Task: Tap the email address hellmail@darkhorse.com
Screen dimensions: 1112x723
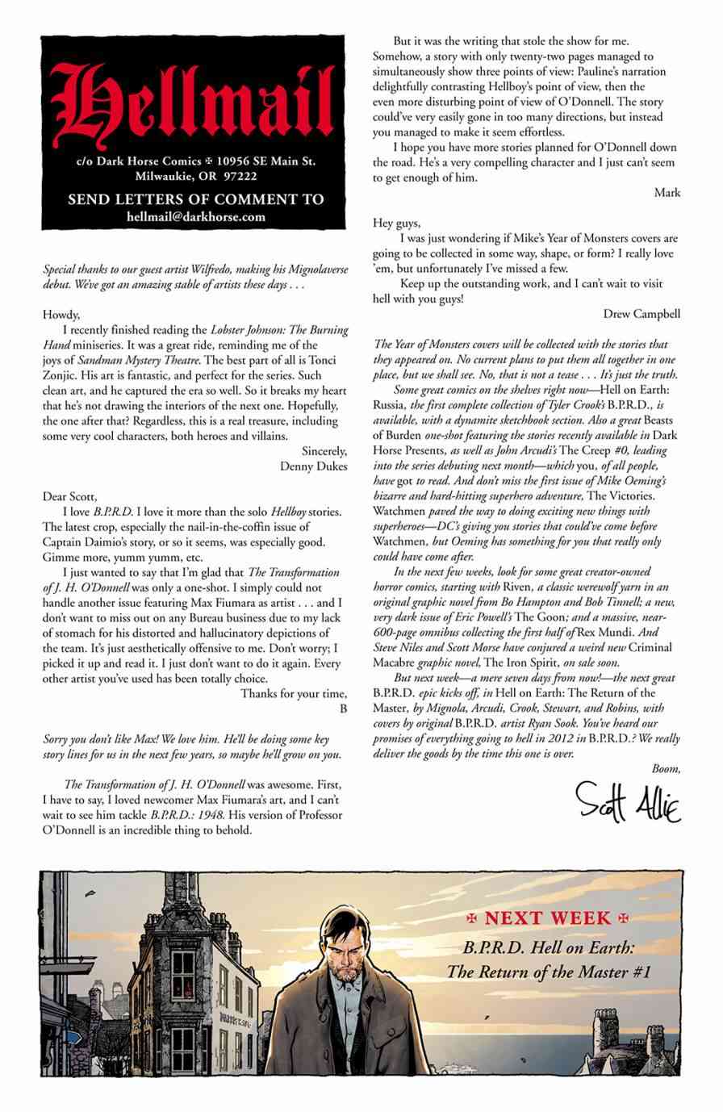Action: pos(196,217)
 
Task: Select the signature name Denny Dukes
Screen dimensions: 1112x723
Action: pos(314,466)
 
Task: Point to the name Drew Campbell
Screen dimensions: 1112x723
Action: pos(641,314)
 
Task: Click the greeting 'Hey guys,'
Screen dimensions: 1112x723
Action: pos(398,223)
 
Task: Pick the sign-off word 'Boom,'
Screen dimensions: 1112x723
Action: pos(666,769)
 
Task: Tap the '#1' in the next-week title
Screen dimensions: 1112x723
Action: pos(642,972)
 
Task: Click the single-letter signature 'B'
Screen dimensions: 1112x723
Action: pos(344,709)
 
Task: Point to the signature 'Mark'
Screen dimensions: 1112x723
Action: pos(667,193)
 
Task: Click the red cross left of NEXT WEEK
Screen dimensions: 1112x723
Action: pos(474,918)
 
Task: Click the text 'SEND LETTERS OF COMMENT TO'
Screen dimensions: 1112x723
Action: pos(196,199)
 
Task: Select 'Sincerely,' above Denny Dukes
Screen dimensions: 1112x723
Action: pos(323,451)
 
